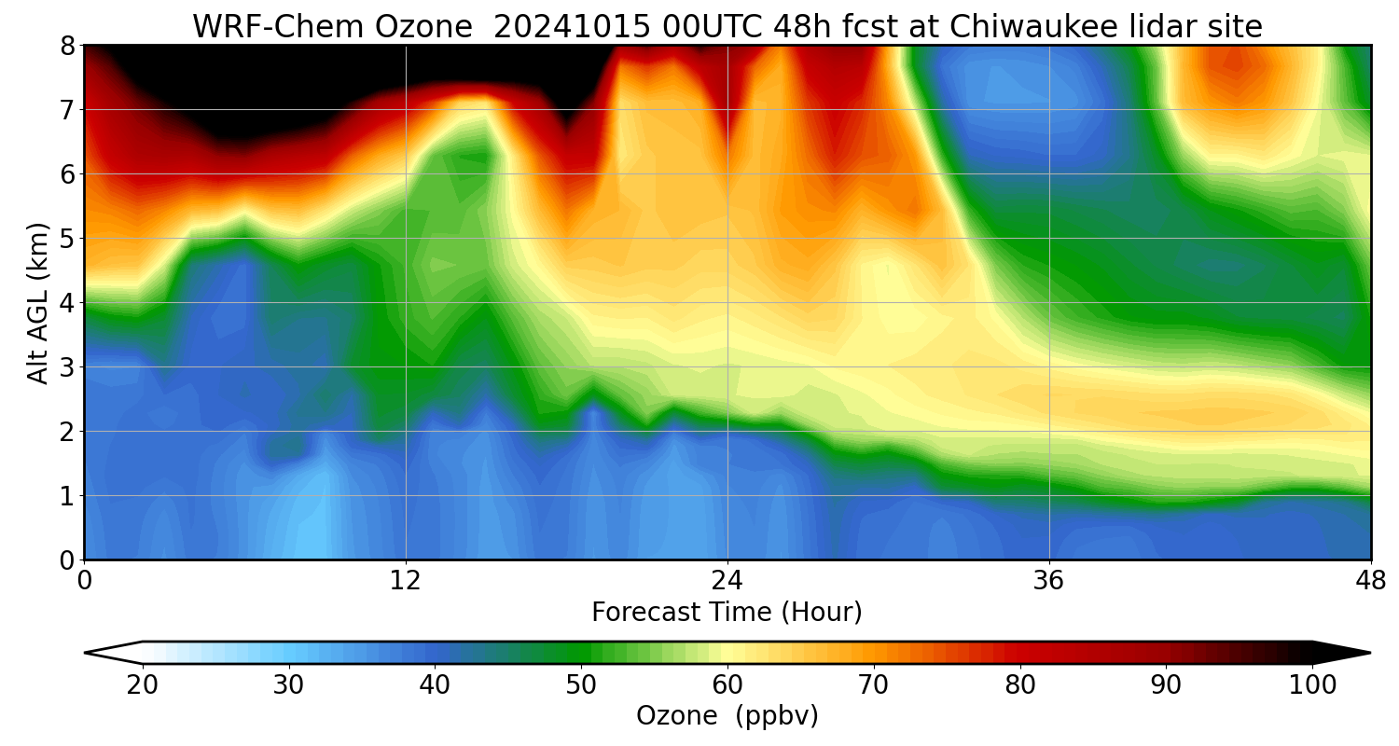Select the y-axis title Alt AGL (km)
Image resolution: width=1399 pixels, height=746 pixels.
38,302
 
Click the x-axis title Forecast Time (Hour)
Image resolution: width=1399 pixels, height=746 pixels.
727,613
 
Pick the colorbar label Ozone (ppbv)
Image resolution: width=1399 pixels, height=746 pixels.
727,715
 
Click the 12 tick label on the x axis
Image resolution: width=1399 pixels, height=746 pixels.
406,580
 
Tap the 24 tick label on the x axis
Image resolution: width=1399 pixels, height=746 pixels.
727,580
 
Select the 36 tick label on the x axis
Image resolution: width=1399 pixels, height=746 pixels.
1049,580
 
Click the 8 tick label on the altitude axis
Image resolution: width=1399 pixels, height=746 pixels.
67,46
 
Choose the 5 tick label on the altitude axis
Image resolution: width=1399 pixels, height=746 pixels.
67,239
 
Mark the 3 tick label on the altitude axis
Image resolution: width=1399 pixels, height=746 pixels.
67,367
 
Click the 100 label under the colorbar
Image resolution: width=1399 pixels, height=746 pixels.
1312,685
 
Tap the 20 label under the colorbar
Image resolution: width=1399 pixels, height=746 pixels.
143,685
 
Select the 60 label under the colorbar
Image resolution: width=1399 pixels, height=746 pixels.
727,685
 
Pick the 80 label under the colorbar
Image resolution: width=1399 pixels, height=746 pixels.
1020,685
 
